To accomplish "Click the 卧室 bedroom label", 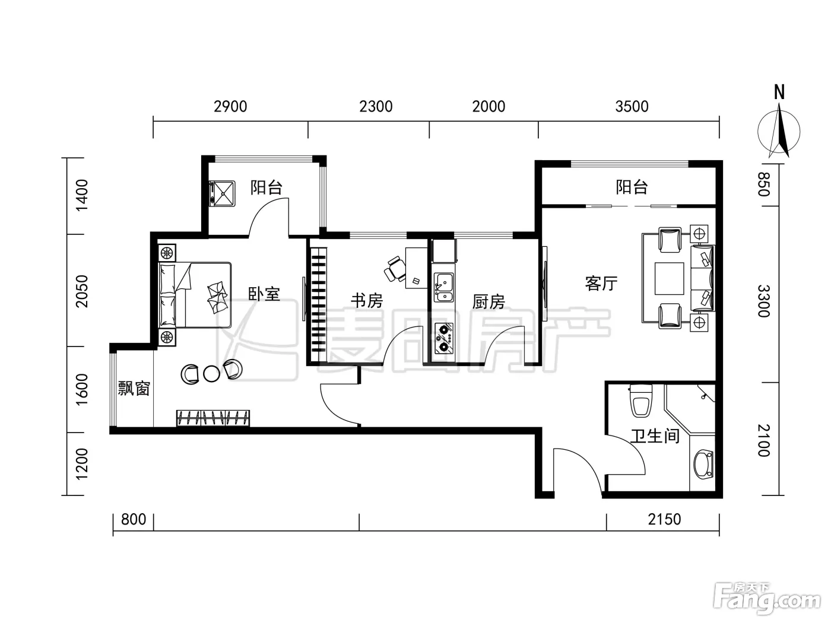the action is click(x=264, y=294).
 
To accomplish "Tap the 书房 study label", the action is click(x=366, y=301).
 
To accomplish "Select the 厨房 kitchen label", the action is click(x=489, y=302).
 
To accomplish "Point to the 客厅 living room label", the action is click(x=601, y=284).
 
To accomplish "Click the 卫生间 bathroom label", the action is click(x=655, y=436).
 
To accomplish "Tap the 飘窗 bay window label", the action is click(x=134, y=388).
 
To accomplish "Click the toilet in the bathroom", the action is click(x=640, y=401).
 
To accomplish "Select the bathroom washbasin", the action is click(x=703, y=464).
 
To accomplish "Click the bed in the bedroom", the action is click(x=195, y=295).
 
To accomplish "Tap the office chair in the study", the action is click(x=394, y=269).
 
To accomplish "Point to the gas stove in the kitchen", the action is click(x=443, y=338).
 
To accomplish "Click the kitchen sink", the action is click(x=443, y=288).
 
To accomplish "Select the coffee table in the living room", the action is click(x=670, y=279).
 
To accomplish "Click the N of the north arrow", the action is click(x=779, y=92).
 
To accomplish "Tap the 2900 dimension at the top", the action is click(x=230, y=107).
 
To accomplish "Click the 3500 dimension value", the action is click(x=632, y=107).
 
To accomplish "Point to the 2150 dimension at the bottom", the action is click(x=664, y=519).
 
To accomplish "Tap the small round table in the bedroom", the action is click(x=212, y=374).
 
